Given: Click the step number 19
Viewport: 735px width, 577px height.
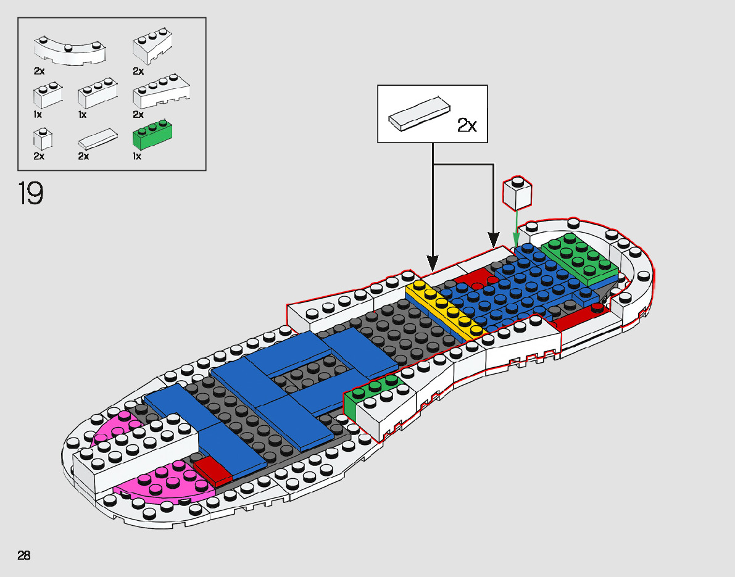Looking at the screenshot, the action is click(x=31, y=193).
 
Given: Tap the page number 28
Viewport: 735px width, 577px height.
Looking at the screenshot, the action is click(x=24, y=555).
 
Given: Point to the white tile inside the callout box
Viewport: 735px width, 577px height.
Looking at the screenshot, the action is click(x=418, y=114).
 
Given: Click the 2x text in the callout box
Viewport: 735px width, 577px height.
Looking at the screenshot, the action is click(x=467, y=125).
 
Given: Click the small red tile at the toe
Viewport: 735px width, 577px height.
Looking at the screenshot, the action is click(x=213, y=470).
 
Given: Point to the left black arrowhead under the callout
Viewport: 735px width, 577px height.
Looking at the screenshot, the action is click(x=433, y=260).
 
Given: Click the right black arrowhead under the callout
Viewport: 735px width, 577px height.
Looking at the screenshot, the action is click(x=494, y=239).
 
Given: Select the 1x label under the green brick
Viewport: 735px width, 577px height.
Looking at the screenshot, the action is click(x=137, y=156).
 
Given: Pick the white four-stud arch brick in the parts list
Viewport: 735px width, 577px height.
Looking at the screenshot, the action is click(x=161, y=92).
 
